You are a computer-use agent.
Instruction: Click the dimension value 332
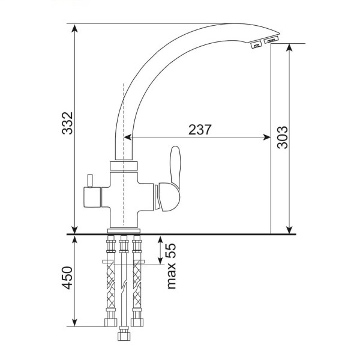67,123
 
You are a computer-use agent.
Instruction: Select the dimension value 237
200,130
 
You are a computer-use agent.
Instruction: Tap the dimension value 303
282,137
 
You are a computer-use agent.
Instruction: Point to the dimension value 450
67,278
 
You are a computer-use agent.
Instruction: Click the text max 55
172,266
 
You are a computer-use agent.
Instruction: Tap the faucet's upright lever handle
175,165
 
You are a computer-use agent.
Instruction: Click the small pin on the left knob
89,181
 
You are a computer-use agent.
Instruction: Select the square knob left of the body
92,197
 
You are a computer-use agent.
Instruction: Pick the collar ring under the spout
124,166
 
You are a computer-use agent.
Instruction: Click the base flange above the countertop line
124,231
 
